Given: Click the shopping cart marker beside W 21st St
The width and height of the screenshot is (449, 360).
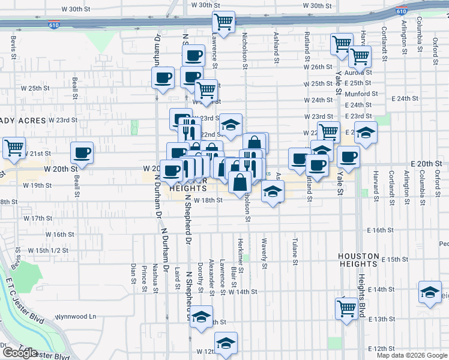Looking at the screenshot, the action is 14,147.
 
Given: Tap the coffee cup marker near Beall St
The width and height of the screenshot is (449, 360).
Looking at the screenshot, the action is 82,152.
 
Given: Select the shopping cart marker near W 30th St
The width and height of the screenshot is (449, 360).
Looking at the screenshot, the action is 223,22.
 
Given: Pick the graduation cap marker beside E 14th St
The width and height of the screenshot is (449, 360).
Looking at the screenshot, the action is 429,292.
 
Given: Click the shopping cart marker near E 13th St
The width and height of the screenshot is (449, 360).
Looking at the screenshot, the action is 346,308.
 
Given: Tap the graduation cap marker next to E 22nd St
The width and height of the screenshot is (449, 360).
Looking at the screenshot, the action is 365,133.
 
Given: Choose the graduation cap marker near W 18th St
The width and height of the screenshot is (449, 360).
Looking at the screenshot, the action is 273,192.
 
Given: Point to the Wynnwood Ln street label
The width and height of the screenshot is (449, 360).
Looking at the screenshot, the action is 75,316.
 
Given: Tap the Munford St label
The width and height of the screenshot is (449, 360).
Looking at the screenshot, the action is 361,94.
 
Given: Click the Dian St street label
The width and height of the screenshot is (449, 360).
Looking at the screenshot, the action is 133,272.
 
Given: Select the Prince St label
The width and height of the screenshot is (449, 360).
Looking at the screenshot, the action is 145,277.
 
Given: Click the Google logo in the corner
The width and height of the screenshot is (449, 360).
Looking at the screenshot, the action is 19,353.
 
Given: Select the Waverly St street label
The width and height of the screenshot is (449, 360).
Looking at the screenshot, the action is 264,250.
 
